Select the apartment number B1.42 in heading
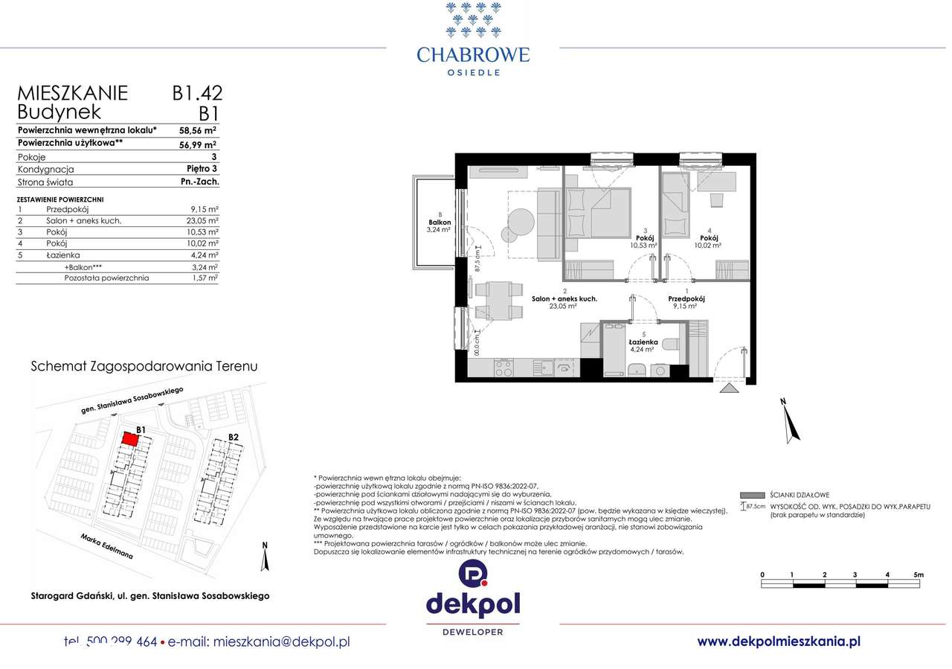tap(197, 93)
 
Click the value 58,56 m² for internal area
tap(198, 129)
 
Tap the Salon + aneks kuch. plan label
tap(565, 298)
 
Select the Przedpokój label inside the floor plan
tap(686, 298)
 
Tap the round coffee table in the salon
tap(520, 221)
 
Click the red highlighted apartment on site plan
tap(129, 441)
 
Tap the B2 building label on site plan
tap(233, 437)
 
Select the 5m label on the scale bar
tap(918, 574)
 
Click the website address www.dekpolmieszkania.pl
tap(779, 641)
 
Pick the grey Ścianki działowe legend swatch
tap(753, 495)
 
